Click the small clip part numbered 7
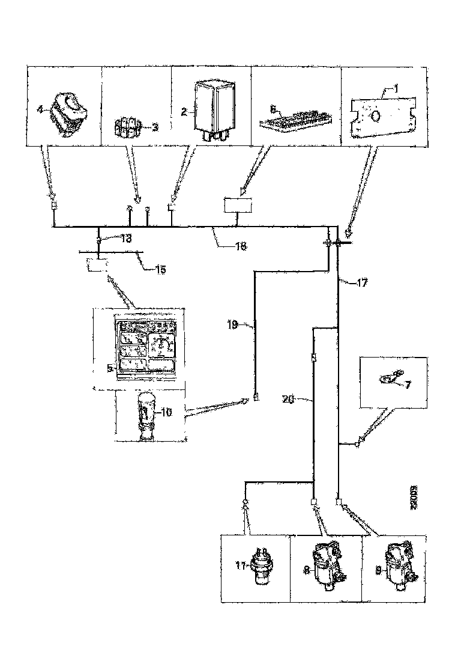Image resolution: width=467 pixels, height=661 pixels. (x=391, y=377)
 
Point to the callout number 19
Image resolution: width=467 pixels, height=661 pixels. (x=233, y=325)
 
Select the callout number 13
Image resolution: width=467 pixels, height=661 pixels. (x=124, y=239)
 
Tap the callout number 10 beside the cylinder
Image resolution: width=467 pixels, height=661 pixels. (x=166, y=412)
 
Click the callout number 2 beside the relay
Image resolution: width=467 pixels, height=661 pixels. (x=185, y=112)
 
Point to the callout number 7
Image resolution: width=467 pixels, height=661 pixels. (x=408, y=384)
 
